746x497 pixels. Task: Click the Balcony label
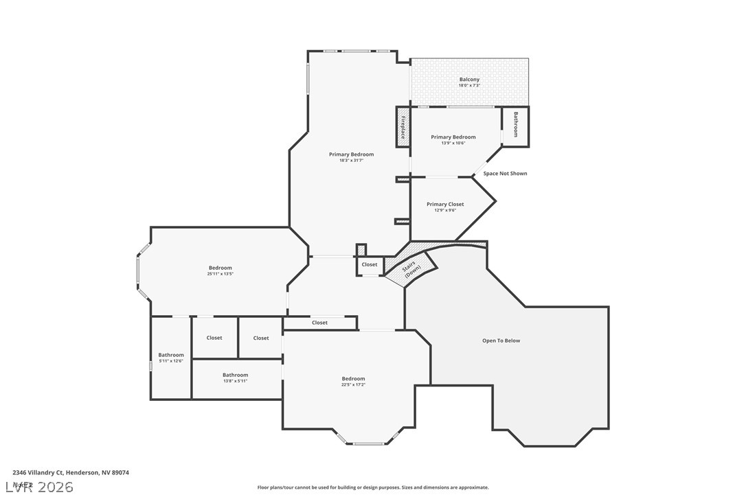[469, 80]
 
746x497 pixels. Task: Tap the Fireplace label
[403, 127]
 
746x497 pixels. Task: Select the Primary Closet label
[445, 204]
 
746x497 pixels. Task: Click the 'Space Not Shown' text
[505, 174]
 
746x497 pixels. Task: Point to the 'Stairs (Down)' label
[411, 268]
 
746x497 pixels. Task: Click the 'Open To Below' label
[501, 340]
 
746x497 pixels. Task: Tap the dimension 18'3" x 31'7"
[351, 160]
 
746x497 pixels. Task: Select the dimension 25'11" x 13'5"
[221, 274]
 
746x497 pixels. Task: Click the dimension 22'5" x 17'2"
[354, 384]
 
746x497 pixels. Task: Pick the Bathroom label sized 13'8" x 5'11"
[235, 375]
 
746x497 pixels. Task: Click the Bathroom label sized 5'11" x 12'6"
[171, 355]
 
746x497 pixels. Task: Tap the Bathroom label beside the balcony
[515, 125]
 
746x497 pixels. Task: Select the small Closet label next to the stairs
[370, 264]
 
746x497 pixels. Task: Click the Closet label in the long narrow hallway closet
[319, 323]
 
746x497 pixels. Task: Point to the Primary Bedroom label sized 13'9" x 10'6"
[453, 137]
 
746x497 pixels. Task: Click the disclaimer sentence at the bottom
[373, 487]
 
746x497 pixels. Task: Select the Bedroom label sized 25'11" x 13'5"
[221, 268]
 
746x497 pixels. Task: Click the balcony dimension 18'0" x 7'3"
[469, 85]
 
